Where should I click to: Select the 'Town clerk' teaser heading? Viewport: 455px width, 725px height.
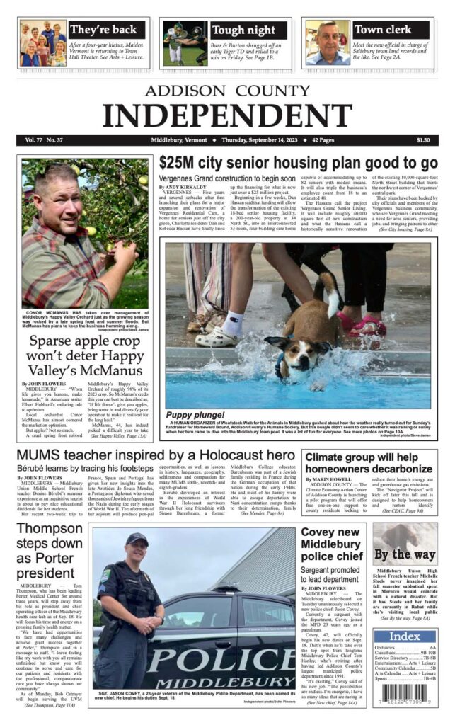click(x=382, y=30)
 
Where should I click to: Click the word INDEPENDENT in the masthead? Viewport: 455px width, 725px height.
click(x=227, y=114)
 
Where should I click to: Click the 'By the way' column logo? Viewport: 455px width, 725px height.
click(x=405, y=554)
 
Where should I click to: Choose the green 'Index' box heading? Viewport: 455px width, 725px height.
click(x=405, y=636)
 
